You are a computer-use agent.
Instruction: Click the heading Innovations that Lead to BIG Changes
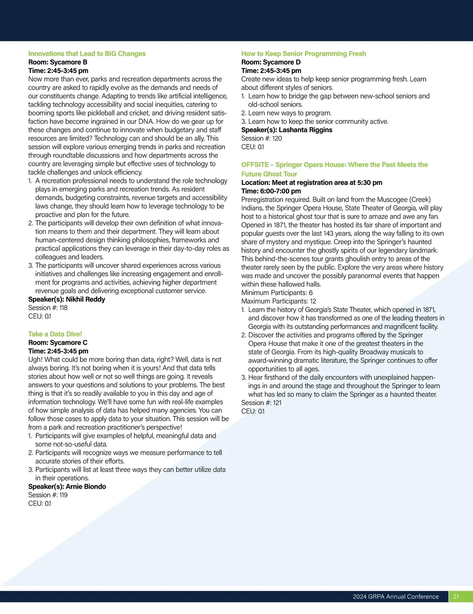(x=87, y=54)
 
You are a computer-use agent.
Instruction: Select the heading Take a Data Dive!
(x=55, y=334)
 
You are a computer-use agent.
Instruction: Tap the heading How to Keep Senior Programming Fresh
(x=304, y=54)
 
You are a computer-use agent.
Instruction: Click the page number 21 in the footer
(x=456, y=596)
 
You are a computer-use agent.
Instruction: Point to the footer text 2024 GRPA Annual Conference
(x=396, y=596)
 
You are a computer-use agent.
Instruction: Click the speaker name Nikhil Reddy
(x=86, y=299)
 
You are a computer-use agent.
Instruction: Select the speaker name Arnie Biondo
(x=86, y=486)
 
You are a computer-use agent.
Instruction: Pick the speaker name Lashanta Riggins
(x=305, y=130)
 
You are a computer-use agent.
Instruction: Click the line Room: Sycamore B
(x=58, y=62)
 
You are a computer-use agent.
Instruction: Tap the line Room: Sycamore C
(x=58, y=342)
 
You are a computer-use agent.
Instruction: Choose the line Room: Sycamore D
(x=271, y=62)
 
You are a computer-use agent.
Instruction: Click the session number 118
(x=63, y=308)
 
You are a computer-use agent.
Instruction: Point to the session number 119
(x=63, y=495)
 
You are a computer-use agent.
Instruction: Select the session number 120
(x=277, y=138)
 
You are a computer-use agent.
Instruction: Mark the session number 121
(x=277, y=403)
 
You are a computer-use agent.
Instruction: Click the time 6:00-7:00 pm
(x=280, y=191)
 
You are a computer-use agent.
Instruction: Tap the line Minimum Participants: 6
(x=277, y=293)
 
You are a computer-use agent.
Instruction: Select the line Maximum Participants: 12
(x=278, y=301)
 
